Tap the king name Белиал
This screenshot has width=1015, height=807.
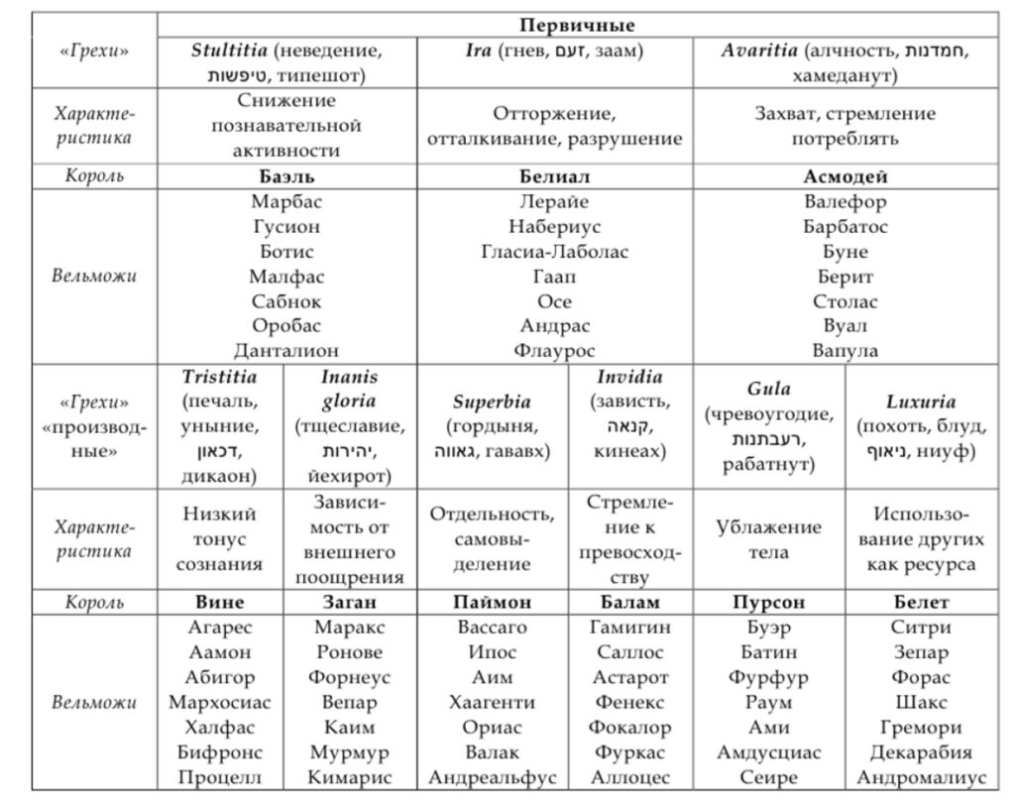coord(554,176)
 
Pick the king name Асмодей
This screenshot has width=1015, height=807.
coord(845,176)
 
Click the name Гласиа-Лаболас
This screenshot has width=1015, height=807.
coord(554,252)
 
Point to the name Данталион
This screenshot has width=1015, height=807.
coord(286,350)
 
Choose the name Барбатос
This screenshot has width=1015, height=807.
coord(845,227)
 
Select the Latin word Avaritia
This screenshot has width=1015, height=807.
coord(758,50)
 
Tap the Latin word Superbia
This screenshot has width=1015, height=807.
coord(493,403)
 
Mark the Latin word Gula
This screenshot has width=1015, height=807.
coord(769,389)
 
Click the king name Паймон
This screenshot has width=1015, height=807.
coord(493,602)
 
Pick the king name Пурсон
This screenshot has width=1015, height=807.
coord(769,602)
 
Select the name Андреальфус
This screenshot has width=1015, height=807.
coord(493,778)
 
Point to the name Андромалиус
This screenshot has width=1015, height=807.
coord(921,778)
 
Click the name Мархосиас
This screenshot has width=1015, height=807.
coord(219,703)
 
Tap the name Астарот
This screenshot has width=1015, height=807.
coord(630,678)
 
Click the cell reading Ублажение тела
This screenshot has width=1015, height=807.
coord(769,539)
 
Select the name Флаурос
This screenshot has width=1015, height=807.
coord(554,350)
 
